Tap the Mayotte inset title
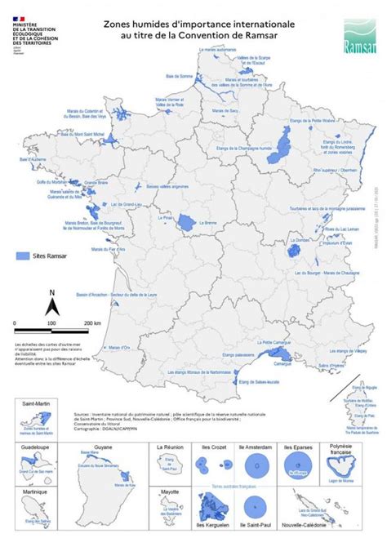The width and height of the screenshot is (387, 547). click(169, 492)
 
